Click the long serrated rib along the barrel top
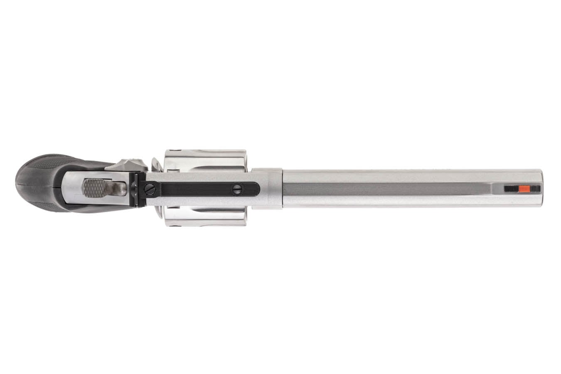[x=386, y=189]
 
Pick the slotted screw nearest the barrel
[x=237, y=189]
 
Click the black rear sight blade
[x=134, y=189]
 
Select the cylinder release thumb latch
[x=124, y=165]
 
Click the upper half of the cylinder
[x=206, y=160]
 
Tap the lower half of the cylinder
[x=206, y=216]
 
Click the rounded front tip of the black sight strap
[x=256, y=189]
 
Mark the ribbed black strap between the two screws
[x=193, y=189]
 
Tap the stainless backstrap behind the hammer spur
[x=71, y=187]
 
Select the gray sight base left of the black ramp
[x=499, y=189]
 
